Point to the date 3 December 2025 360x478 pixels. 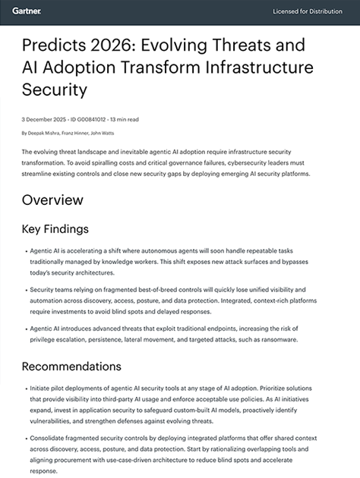click(x=41, y=119)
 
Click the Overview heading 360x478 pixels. click(x=52, y=200)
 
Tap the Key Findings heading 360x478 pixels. click(x=55, y=229)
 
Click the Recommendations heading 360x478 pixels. click(x=73, y=367)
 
